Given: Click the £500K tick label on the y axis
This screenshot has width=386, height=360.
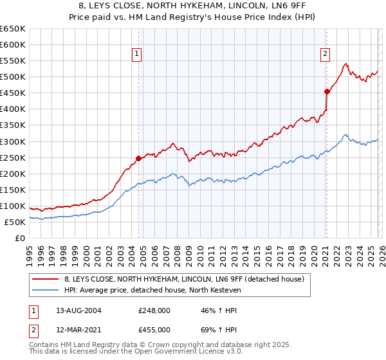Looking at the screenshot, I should tap(12, 77).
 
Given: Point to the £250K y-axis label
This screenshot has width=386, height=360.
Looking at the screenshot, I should tap(12, 157).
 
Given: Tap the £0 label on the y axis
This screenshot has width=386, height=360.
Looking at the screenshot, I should tap(19, 238).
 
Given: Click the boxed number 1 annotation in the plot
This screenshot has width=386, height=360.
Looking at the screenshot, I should tap(138, 54).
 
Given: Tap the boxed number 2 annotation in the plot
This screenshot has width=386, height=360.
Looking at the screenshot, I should tap(326, 54).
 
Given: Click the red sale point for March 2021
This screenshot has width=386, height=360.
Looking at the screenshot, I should tap(327, 91).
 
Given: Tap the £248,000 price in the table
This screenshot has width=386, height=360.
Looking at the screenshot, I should tap(154, 310).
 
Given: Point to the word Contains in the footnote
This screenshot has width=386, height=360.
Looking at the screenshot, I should tap(44, 346).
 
